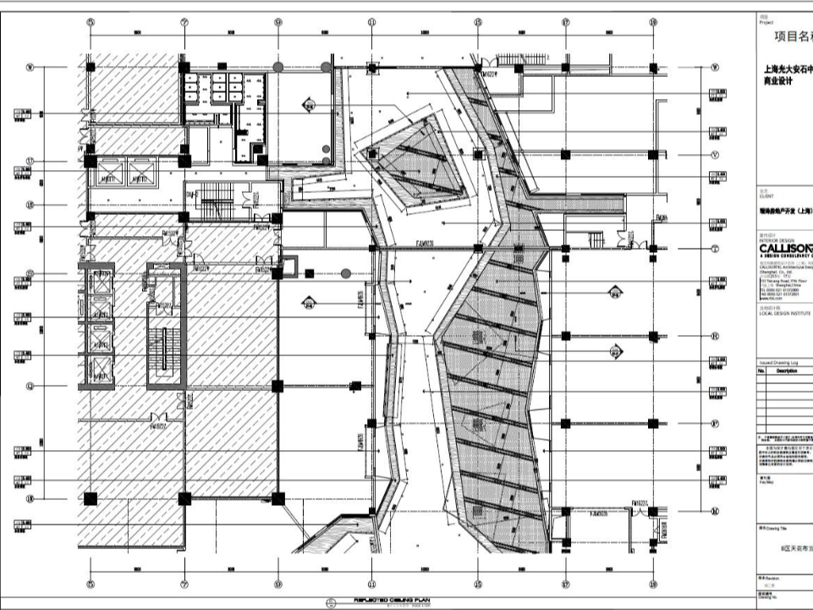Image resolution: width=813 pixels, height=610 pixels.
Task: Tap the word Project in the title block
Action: click(766, 24)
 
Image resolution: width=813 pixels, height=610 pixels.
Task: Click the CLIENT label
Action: click(766, 195)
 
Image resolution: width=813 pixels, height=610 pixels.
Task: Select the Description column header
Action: click(787, 371)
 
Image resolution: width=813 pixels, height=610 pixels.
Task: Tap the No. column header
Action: click(761, 371)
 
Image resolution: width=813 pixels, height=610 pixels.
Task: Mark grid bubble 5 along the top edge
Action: click(91, 23)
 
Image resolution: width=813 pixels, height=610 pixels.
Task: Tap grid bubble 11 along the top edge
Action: click(371, 23)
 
